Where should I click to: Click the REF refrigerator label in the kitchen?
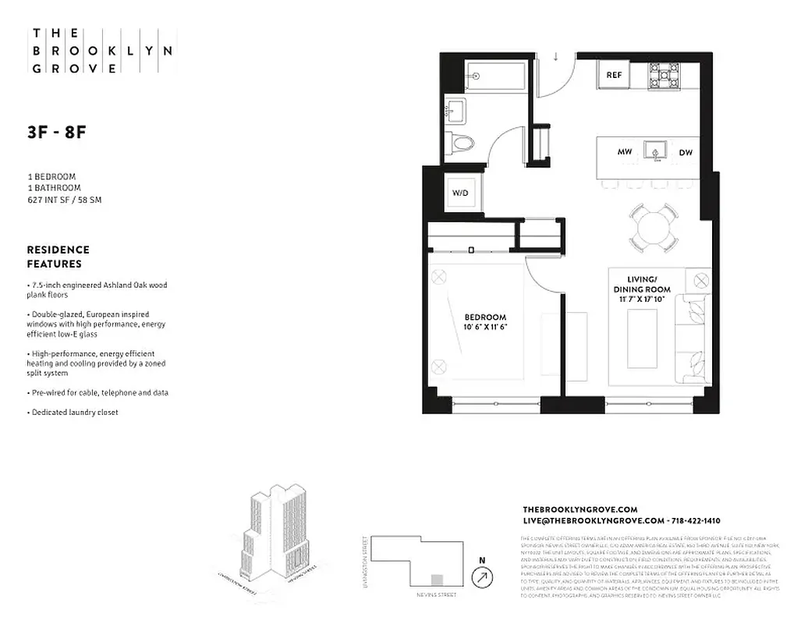[x=614, y=76]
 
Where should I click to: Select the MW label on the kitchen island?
[x=624, y=152]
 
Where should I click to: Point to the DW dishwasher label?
[x=686, y=153]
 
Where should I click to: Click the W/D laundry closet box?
[x=460, y=193]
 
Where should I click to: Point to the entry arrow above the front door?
[x=556, y=56]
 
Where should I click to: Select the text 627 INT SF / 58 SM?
[x=65, y=200]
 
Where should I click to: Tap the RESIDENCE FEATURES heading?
[x=58, y=257]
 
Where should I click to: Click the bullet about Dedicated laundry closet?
[x=73, y=412]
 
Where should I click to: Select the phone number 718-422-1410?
[x=695, y=520]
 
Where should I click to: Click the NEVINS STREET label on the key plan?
[x=436, y=595]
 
